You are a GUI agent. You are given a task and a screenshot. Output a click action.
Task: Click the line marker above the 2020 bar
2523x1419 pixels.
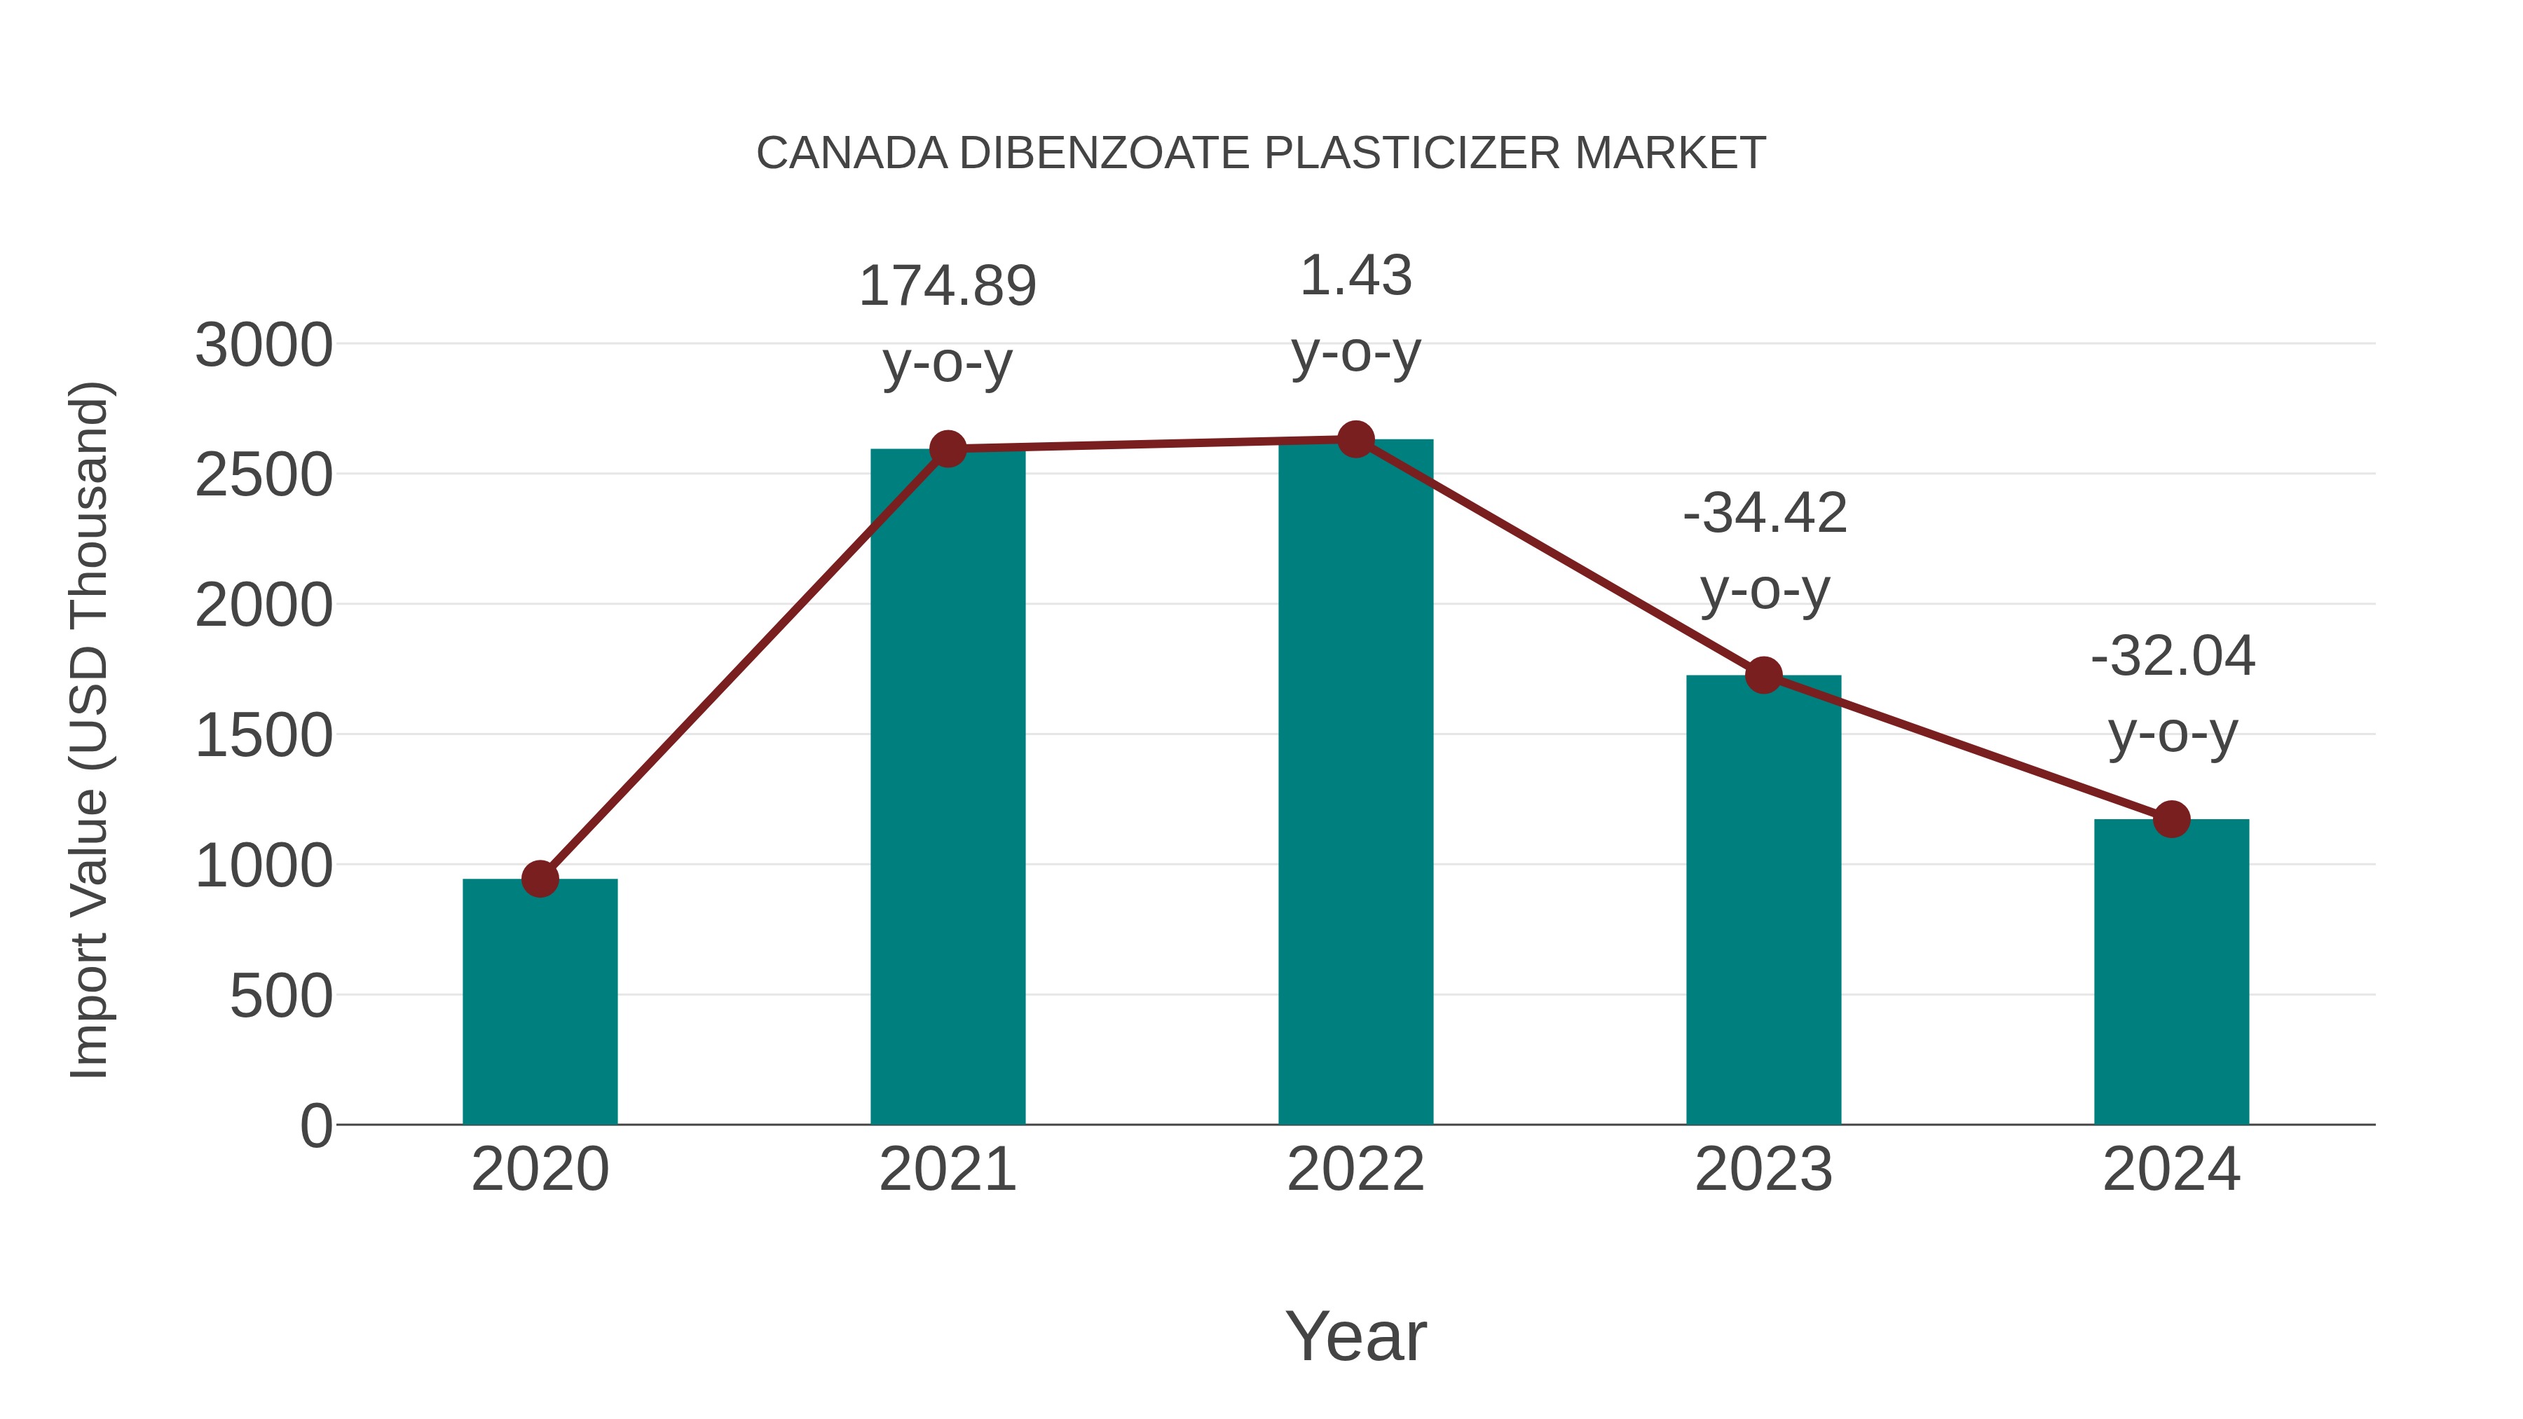[540, 879]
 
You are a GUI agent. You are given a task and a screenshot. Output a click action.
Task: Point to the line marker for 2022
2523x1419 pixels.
[1355, 439]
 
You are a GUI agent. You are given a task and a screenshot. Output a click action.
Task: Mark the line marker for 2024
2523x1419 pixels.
[2171, 818]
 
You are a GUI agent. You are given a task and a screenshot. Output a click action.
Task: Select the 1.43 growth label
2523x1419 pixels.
[1355, 276]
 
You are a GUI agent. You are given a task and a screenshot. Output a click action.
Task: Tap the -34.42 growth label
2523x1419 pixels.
[1765, 513]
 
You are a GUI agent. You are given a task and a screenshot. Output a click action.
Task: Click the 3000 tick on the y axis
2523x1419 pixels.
[264, 345]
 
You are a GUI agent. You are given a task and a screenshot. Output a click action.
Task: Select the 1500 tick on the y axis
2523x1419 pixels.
[264, 736]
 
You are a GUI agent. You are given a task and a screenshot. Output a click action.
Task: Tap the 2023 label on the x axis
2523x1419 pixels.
[1763, 1170]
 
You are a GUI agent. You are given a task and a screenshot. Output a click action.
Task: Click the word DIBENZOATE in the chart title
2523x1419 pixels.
[1111, 153]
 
